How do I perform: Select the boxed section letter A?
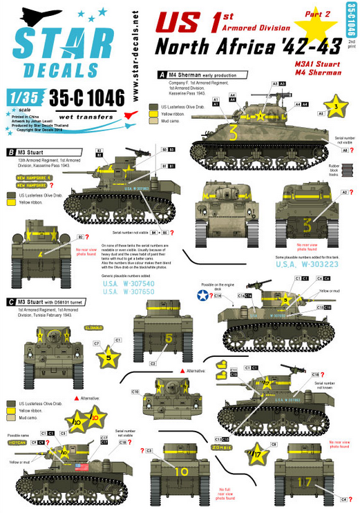tap(161, 74)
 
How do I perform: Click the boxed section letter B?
tap(10, 151)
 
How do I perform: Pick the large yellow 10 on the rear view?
tap(181, 472)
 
